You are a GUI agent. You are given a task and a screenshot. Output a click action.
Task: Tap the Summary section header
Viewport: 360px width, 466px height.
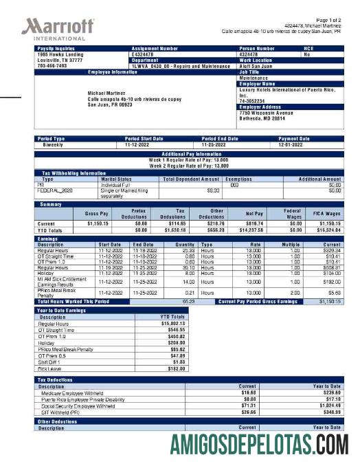pyautogui.click(x=51, y=204)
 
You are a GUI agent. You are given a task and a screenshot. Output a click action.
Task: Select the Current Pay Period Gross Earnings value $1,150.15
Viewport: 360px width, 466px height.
pyautogui.click(x=329, y=301)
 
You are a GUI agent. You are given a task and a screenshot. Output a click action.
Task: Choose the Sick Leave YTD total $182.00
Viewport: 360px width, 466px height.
pyautogui.click(x=176, y=369)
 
